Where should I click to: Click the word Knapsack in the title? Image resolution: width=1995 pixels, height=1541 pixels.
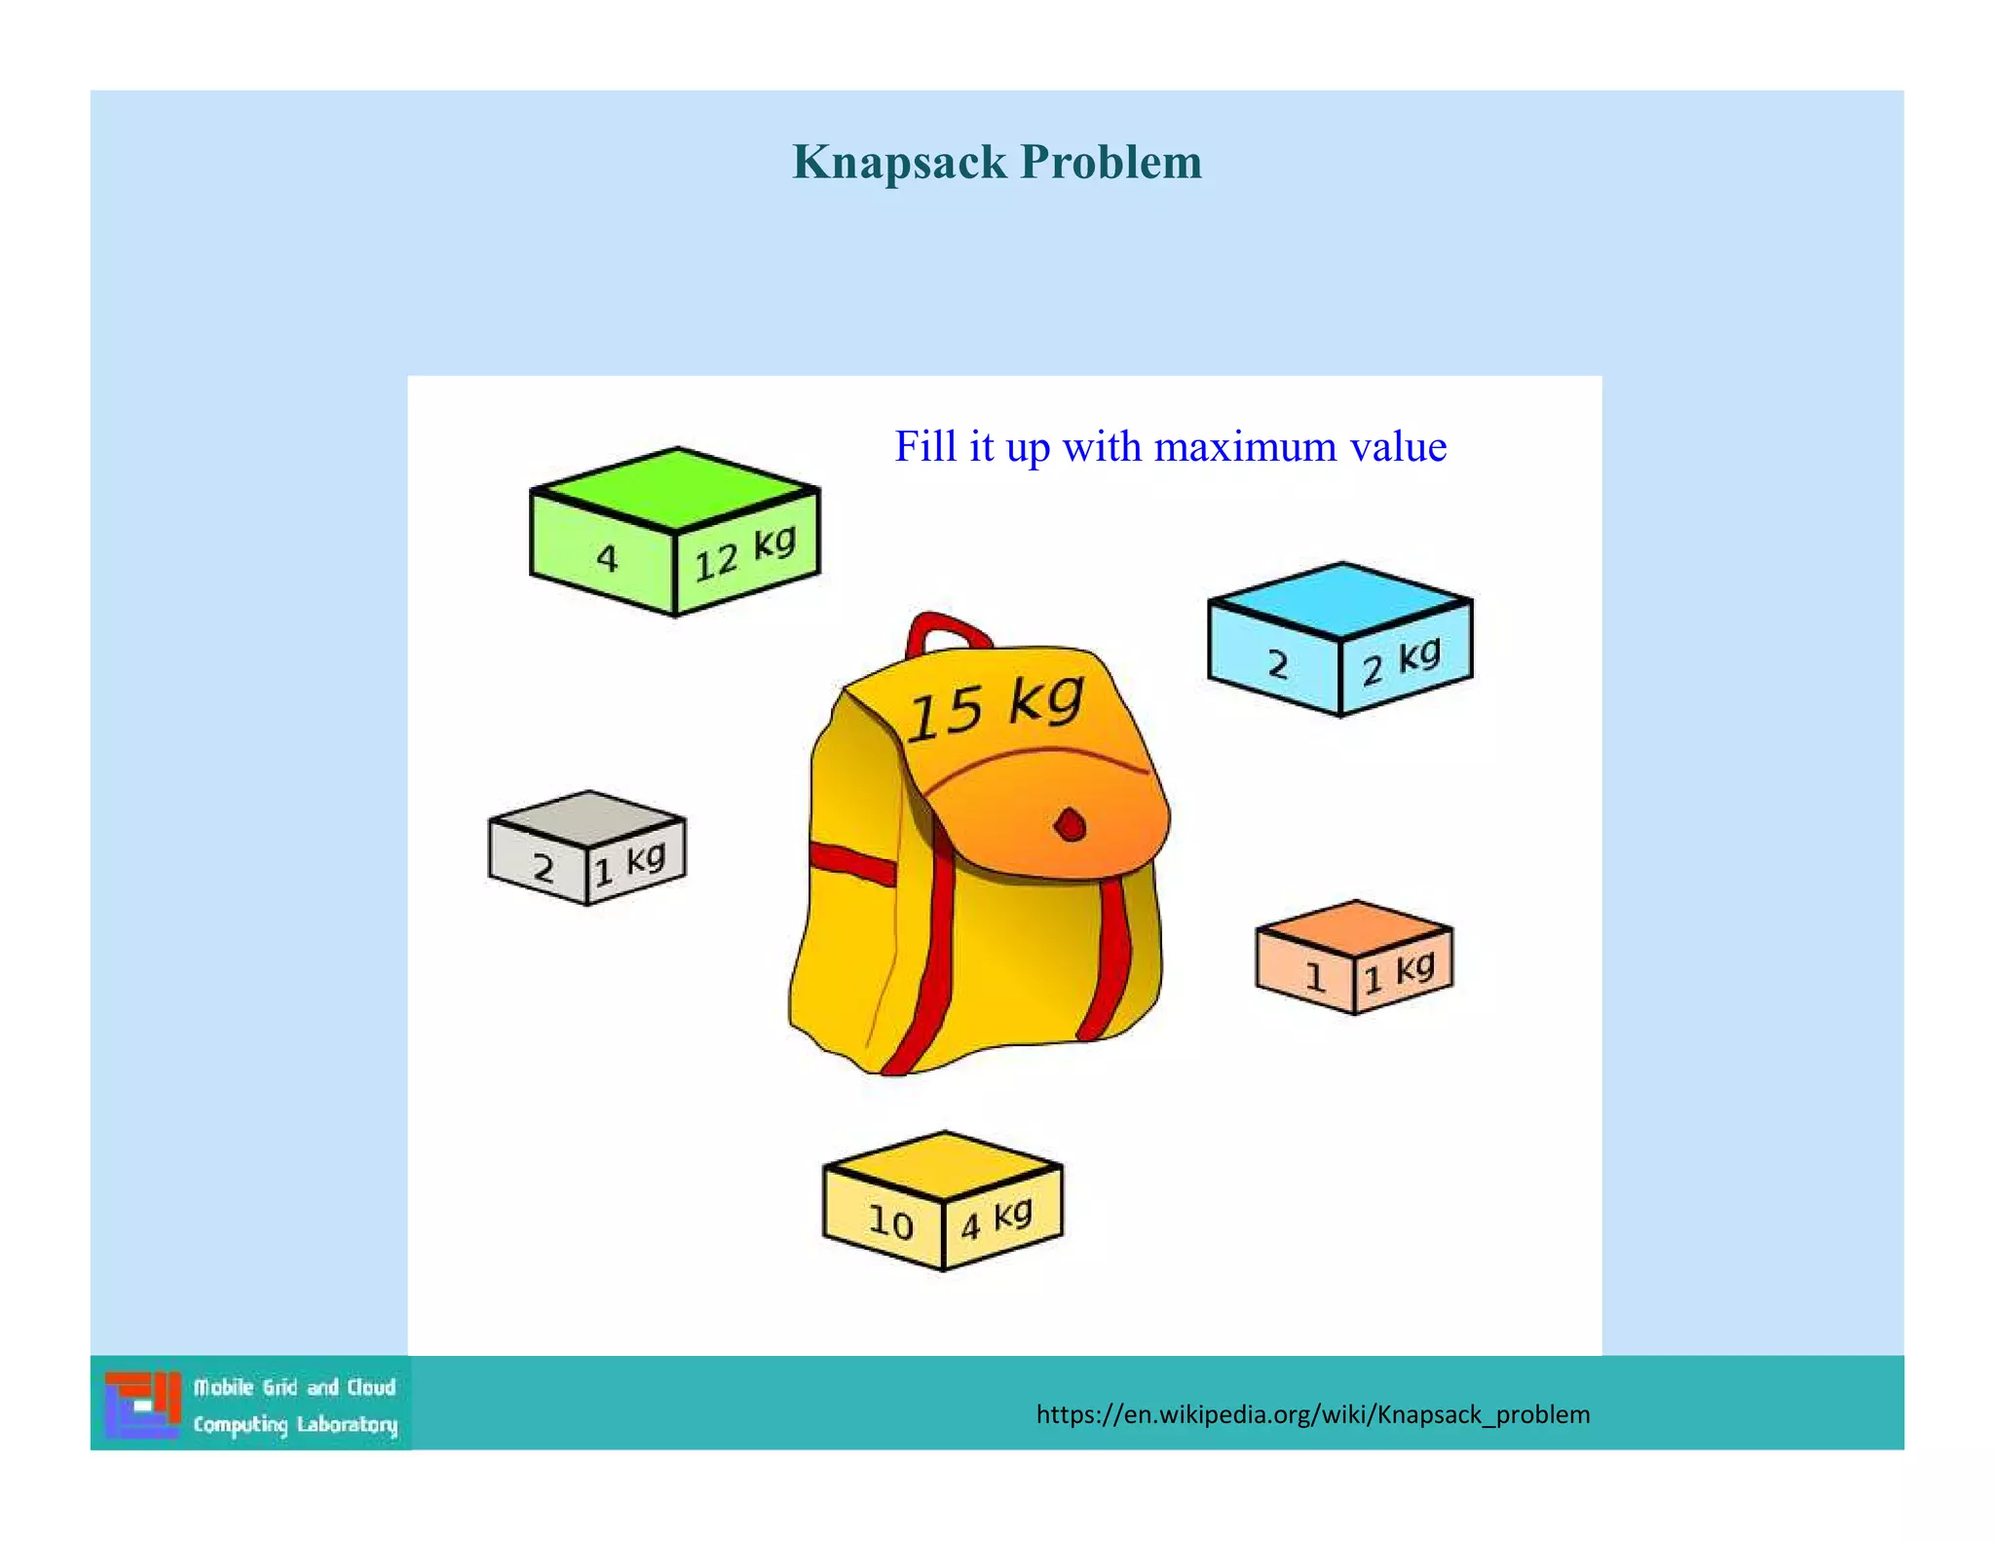pyautogui.click(x=898, y=162)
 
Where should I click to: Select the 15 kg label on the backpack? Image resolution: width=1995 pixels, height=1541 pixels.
pyautogui.click(x=995, y=706)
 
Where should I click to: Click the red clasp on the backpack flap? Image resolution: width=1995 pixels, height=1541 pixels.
pyautogui.click(x=1070, y=826)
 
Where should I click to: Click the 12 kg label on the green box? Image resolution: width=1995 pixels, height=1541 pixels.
pyautogui.click(x=745, y=553)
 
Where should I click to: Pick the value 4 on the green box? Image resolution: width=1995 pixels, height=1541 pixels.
pyautogui.click(x=607, y=558)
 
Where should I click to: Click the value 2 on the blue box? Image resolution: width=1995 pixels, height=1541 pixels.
pyautogui.click(x=1277, y=665)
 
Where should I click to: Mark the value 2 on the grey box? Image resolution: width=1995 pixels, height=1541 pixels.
pyautogui.click(x=544, y=867)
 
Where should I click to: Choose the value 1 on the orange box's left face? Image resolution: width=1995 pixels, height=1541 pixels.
pyautogui.click(x=1315, y=976)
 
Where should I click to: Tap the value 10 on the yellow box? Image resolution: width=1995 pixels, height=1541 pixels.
pyautogui.click(x=890, y=1222)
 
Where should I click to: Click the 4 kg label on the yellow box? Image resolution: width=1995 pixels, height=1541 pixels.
pyautogui.click(x=997, y=1218)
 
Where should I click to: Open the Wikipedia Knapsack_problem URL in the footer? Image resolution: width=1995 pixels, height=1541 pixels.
pyautogui.click(x=1312, y=1414)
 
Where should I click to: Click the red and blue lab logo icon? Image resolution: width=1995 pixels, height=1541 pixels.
pyautogui.click(x=143, y=1405)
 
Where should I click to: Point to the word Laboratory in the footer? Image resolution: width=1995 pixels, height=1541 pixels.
pyautogui.click(x=347, y=1425)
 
